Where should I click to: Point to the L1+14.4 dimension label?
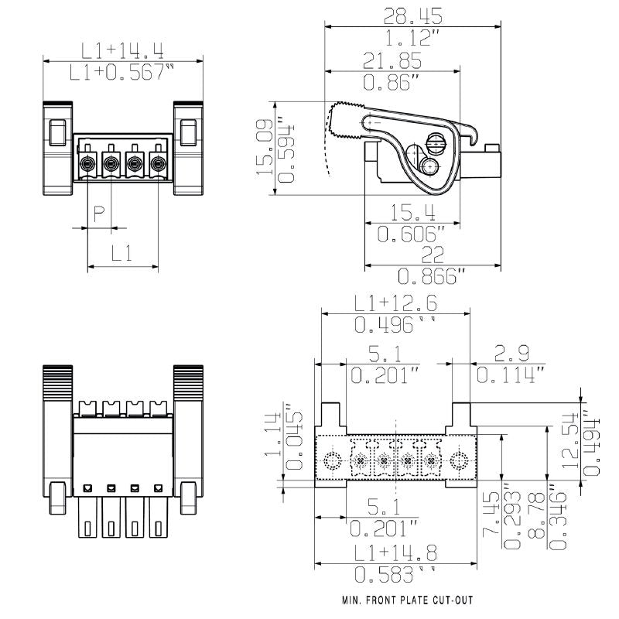point(122,50)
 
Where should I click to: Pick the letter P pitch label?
point(99,214)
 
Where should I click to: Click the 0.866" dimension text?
point(433,276)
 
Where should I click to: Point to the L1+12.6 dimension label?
point(395,303)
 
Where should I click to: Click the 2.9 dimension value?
point(511,354)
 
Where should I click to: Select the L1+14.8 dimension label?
point(395,552)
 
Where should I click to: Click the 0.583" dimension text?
point(395,574)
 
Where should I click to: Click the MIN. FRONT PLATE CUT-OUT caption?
point(407,600)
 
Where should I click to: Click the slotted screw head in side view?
point(436,143)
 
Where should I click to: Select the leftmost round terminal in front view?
point(87,163)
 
